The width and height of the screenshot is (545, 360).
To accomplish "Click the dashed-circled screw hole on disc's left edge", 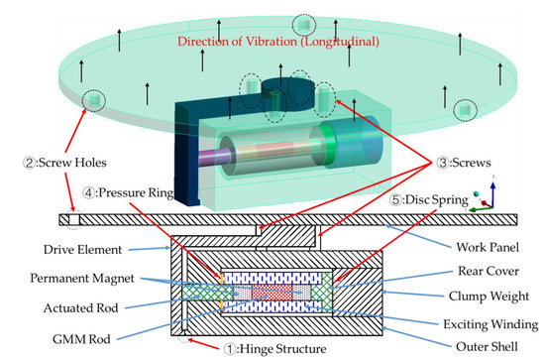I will (x=92, y=99).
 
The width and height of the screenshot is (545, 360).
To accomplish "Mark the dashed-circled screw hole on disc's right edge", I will (x=463, y=111).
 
